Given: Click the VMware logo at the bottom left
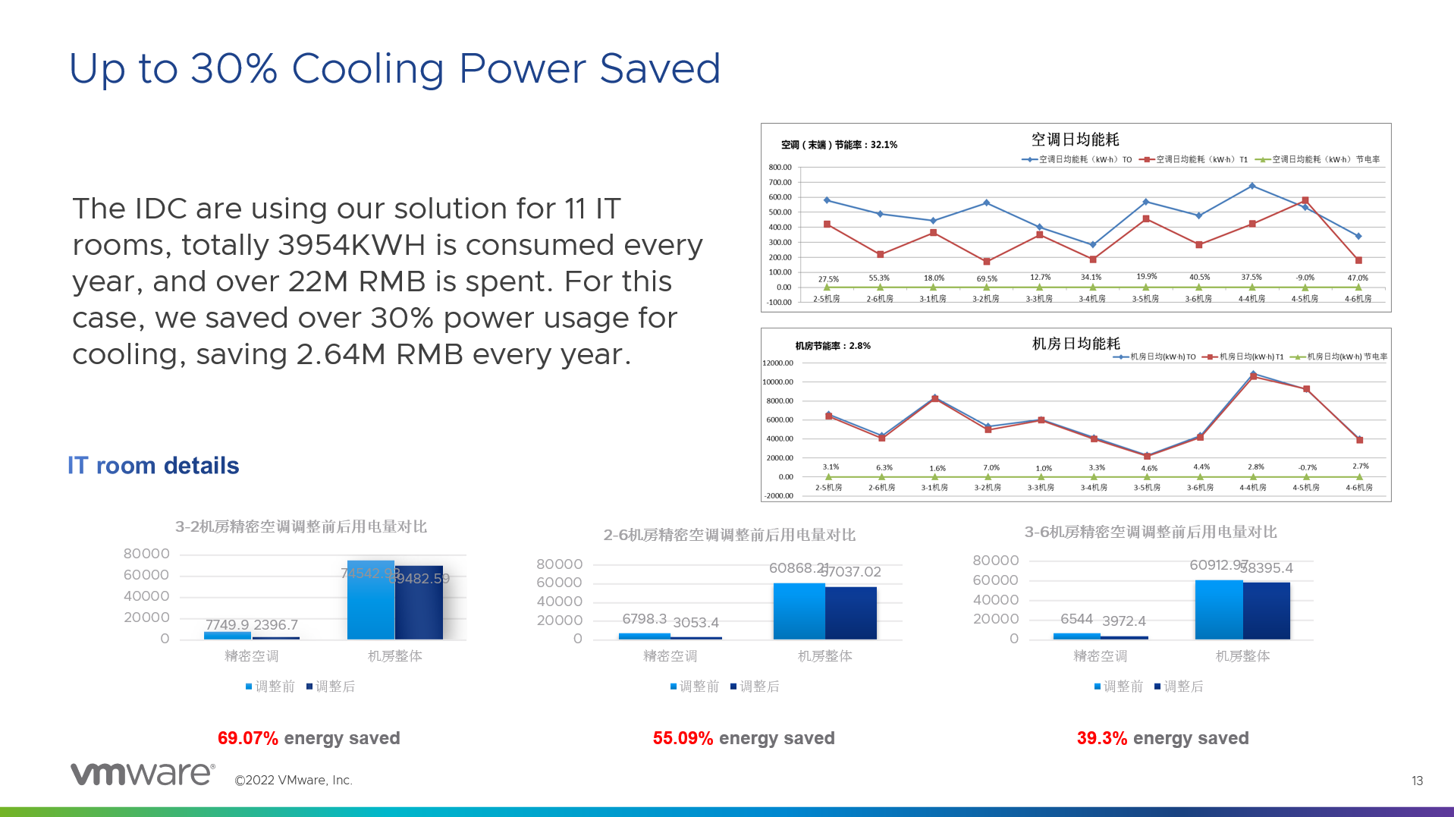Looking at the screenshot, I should (x=142, y=774).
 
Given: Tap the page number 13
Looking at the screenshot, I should (x=1417, y=781).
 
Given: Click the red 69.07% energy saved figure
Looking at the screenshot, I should (x=247, y=738).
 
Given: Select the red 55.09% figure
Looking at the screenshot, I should (x=683, y=738).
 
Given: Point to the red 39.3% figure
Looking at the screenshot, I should (x=1101, y=738).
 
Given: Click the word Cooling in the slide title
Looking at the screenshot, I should (x=368, y=69).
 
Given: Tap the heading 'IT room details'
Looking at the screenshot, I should (x=153, y=465).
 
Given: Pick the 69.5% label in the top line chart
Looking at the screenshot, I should (x=987, y=278).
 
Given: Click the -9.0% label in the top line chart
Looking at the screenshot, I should (x=1305, y=278).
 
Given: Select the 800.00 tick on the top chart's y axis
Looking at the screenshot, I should (x=780, y=167).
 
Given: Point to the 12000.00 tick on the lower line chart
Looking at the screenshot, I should (x=777, y=363).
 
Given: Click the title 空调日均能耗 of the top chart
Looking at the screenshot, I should (x=1075, y=140).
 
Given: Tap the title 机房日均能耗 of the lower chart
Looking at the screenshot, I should (x=1076, y=344).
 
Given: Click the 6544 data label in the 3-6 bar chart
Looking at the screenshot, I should (x=1076, y=619).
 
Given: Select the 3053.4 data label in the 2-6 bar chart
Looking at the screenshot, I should (x=696, y=623).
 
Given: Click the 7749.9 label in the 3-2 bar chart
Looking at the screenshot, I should (x=227, y=625).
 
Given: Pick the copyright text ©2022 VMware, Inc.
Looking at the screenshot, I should (x=294, y=780).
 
